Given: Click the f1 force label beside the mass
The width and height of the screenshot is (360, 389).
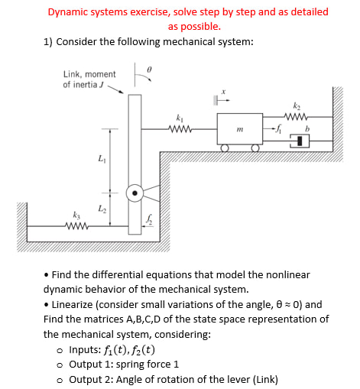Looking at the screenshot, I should pyautogui.click(x=280, y=130).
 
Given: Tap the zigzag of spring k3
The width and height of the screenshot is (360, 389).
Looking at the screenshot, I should pyautogui.click(x=76, y=225).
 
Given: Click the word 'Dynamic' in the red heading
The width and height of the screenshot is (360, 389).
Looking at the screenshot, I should pyautogui.click(x=66, y=12).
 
